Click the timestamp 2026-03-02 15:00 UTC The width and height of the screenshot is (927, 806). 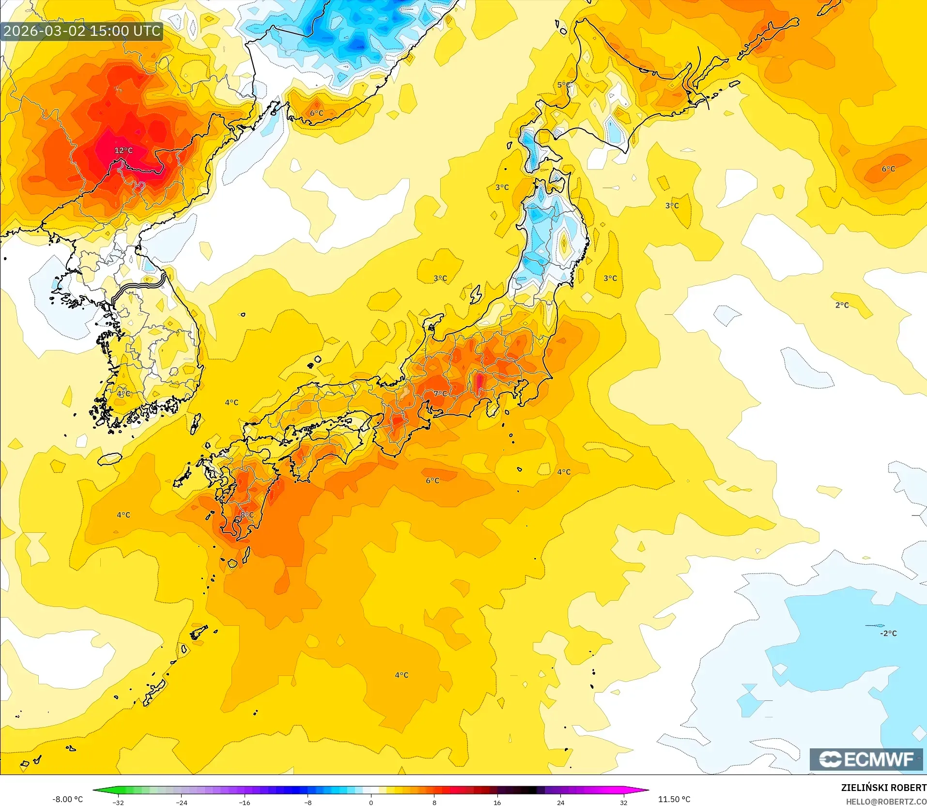point(82,31)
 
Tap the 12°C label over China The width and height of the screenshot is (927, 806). point(124,151)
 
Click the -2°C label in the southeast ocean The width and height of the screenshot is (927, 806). point(888,633)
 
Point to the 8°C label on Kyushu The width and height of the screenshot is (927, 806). point(247,514)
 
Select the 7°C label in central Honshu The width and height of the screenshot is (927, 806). point(440,394)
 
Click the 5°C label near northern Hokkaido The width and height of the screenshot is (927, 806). point(564,85)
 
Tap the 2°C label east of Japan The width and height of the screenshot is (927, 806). point(842,305)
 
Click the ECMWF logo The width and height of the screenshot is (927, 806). point(866,759)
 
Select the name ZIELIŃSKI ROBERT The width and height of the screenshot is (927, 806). point(883,788)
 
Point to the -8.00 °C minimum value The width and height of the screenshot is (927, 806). point(67,799)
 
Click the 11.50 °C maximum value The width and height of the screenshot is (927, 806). point(674,799)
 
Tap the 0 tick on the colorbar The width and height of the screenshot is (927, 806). point(371,803)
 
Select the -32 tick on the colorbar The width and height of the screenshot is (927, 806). point(119,803)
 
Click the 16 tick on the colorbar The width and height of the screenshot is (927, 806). point(497,803)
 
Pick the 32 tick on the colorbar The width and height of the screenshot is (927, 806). point(623,803)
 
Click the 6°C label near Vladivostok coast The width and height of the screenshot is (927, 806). point(316,113)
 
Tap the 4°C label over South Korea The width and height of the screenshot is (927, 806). point(124,393)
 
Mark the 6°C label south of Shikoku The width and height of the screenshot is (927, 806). point(433,480)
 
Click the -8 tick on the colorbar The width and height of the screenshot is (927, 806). point(308,803)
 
